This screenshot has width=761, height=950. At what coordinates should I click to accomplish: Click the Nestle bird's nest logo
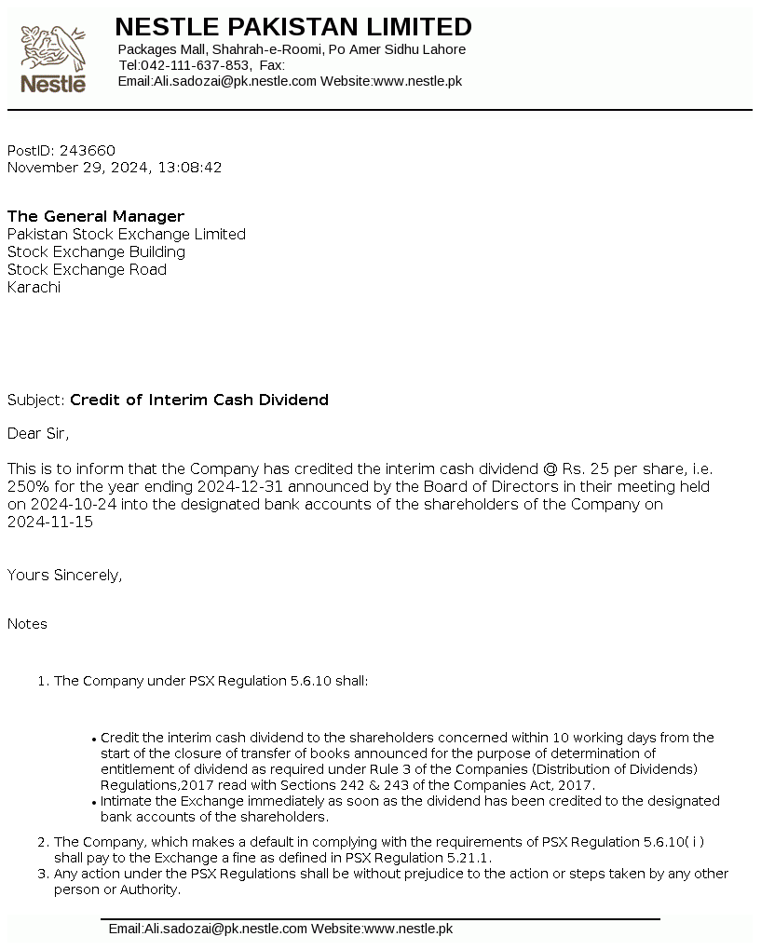tap(53, 58)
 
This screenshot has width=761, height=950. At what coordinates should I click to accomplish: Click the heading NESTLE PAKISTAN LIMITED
tap(292, 26)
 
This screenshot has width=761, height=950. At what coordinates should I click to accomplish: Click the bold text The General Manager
tap(96, 216)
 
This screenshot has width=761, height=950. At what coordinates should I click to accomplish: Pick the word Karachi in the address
tap(34, 287)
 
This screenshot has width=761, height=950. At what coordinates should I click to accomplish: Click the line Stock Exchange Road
tap(87, 269)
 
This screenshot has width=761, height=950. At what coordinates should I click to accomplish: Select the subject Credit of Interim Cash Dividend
tap(199, 400)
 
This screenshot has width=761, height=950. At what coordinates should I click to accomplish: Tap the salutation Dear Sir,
tap(38, 433)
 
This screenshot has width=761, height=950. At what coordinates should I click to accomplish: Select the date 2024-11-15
tap(50, 522)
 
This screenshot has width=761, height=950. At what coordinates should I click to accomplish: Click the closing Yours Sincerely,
tap(64, 575)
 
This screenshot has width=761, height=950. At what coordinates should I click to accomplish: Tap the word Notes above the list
tap(27, 623)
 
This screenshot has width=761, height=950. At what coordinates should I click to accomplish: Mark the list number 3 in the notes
tap(42, 874)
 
